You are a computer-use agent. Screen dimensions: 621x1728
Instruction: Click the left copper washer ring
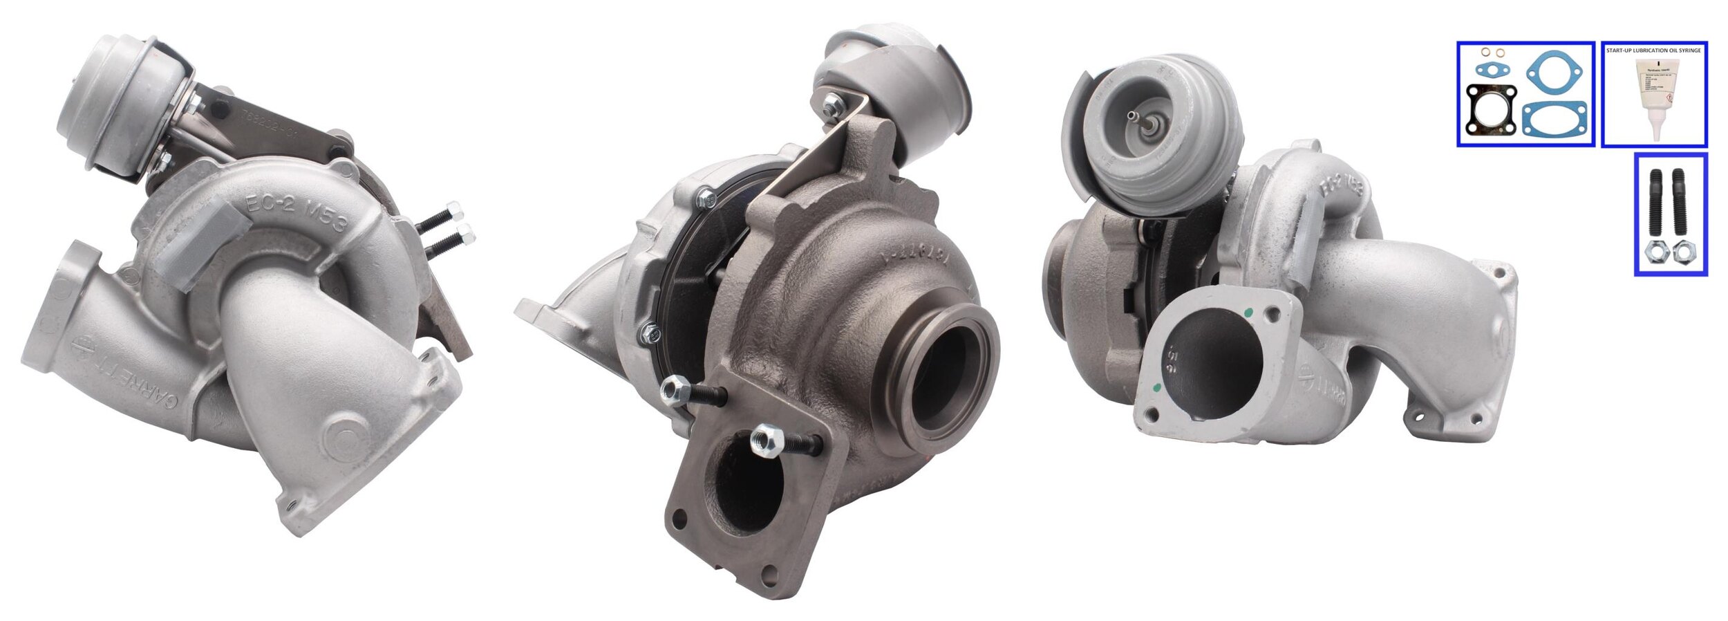(1484, 53)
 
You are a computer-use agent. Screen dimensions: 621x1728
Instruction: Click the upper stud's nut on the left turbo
(454, 208)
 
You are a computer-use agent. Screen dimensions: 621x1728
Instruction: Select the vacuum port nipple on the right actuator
(1134, 115)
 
